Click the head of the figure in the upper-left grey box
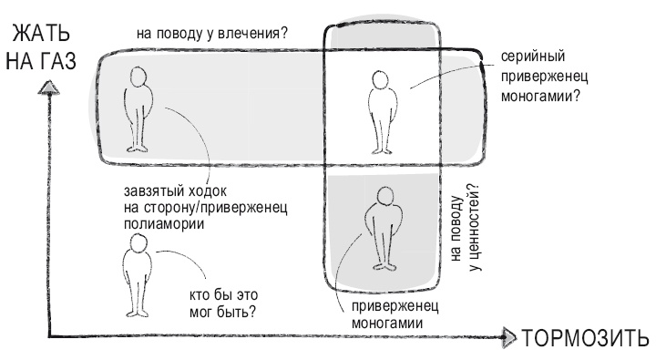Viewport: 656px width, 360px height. (x=139, y=77)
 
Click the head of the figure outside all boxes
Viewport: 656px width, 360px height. (x=136, y=247)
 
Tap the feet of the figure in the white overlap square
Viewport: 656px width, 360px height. (x=380, y=149)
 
